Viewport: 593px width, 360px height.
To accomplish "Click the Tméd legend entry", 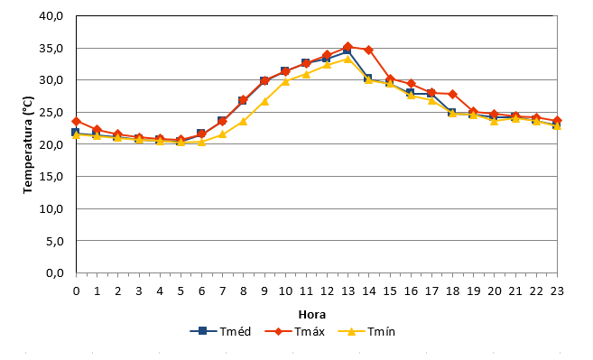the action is pos(220,331).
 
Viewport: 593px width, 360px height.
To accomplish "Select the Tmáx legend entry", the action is pos(294,331).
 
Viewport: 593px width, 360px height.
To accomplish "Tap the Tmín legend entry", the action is pos(366,331).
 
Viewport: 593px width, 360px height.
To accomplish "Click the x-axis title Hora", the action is pos(312,315).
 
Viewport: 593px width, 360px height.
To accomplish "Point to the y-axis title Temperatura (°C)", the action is pos(28,145).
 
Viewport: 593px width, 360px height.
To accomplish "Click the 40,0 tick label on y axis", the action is pos(51,16).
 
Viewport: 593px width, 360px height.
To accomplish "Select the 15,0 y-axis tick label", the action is pos(51,177).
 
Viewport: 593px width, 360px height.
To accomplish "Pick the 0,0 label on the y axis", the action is pos(54,272).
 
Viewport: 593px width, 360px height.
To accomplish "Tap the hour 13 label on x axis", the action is pos(347,291).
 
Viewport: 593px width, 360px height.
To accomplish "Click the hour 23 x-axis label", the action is pos(557,291).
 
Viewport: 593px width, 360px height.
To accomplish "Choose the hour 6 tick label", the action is pos(201,291).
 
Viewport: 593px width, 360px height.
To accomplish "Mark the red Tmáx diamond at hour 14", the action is pos(369,50).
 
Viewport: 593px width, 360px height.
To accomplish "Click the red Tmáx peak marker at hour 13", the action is pos(347,47).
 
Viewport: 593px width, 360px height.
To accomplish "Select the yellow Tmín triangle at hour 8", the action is pos(243,122).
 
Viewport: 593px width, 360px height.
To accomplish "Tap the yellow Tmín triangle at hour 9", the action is pos(264,101).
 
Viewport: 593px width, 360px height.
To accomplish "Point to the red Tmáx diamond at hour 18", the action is pos(452,94).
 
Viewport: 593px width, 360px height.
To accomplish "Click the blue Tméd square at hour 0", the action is pos(76,132).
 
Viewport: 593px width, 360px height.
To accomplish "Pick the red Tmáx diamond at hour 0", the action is pos(77,122).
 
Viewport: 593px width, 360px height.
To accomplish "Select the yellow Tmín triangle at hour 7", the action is pos(222,134).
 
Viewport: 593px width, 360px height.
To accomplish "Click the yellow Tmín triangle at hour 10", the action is pos(285,81).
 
